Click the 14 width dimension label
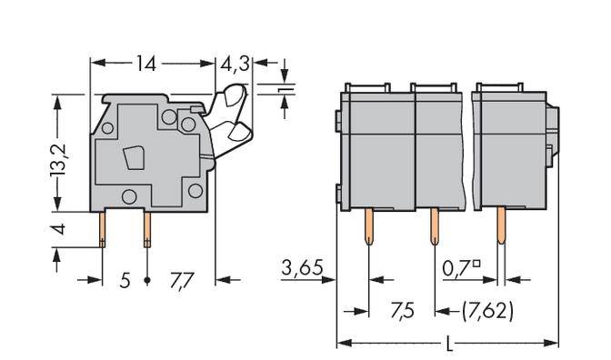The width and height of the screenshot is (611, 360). click(x=146, y=64)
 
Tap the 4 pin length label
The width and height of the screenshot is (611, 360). click(x=58, y=228)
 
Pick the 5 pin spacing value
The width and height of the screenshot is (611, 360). click(x=125, y=281)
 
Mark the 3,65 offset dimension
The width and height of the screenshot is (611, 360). click(x=301, y=269)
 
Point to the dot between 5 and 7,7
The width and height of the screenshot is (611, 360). click(x=147, y=282)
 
